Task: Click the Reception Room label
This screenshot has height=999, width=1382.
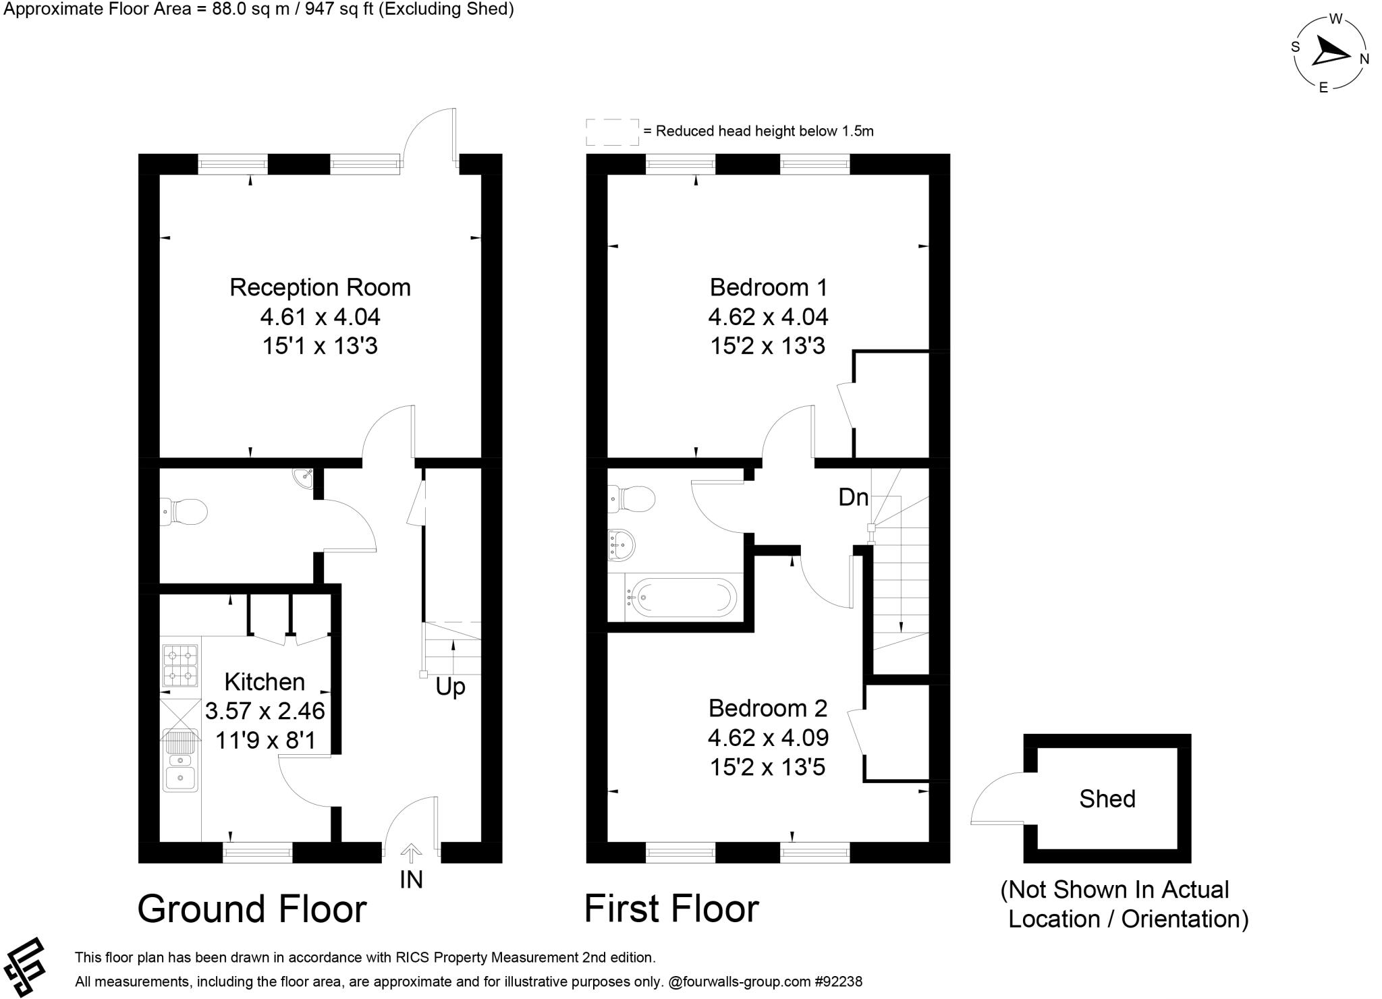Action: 320,287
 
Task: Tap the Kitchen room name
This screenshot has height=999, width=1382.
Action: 265,682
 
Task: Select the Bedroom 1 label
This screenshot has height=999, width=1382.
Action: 768,287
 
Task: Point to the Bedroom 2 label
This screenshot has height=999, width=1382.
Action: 768,708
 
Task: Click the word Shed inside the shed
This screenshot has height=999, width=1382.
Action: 1107,799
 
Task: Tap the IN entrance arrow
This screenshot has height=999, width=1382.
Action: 410,855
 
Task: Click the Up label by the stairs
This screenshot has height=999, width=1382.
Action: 450,687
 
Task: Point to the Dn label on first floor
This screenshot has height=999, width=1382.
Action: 853,497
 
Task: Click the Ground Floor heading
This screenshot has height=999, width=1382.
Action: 252,909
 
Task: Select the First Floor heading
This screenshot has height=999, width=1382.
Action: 671,909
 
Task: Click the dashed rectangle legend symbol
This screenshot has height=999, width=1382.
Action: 612,132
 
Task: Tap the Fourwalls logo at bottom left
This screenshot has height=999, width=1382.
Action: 24,966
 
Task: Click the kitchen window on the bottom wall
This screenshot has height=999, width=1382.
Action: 257,852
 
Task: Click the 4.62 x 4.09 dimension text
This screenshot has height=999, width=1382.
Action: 768,738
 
